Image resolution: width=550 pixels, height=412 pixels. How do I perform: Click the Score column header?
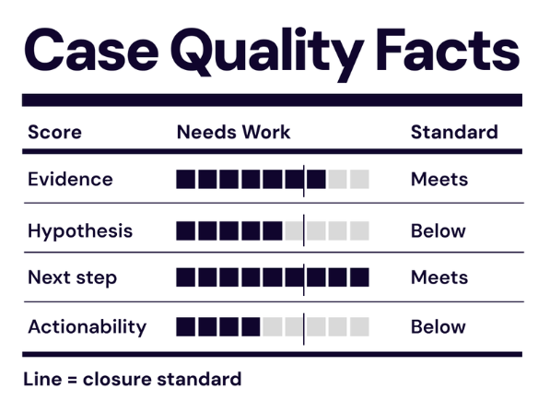[54, 132]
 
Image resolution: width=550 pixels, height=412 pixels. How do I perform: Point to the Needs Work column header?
[233, 132]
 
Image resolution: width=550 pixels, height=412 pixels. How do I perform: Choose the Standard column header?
[453, 132]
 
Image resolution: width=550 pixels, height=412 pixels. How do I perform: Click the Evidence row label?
[70, 179]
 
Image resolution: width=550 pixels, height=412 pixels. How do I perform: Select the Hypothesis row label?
[79, 230]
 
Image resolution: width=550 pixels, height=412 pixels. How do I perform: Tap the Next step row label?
[72, 277]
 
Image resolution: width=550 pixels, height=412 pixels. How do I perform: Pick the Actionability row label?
[87, 326]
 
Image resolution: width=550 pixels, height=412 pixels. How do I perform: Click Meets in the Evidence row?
[439, 179]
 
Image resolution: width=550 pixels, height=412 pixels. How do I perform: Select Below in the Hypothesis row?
[438, 230]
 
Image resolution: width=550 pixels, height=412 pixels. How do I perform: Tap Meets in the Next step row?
[439, 277]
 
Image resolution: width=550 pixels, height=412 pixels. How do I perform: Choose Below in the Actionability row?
[438, 326]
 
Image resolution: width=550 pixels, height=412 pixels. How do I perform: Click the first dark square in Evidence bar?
[185, 179]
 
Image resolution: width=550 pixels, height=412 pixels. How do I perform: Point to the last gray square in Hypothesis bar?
[359, 230]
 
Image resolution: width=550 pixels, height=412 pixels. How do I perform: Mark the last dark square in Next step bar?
[359, 277]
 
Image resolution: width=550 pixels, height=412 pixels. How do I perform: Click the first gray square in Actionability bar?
[272, 326]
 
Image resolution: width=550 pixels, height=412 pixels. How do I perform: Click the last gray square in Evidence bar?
[359, 179]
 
